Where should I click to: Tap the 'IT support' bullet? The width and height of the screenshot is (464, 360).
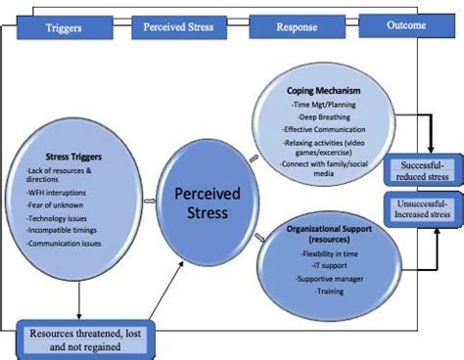[x=327, y=265]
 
